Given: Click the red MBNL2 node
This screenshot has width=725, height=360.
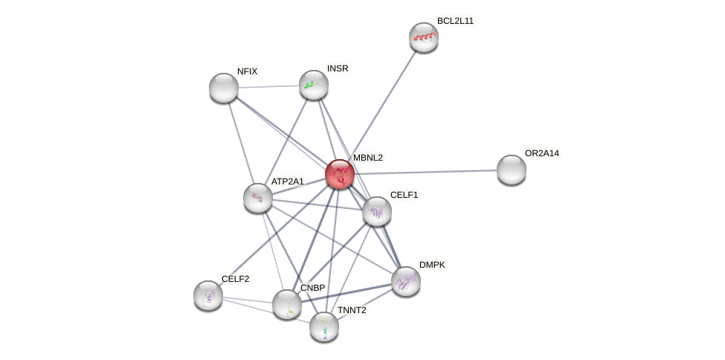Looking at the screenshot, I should click(x=340, y=174).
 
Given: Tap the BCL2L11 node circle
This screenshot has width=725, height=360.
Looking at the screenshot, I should click(x=424, y=37).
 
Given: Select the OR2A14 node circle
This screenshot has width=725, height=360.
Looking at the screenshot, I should click(x=512, y=170).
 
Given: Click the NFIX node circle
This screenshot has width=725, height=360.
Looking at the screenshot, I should click(x=224, y=88).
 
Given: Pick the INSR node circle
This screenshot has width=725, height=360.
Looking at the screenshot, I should click(x=314, y=85).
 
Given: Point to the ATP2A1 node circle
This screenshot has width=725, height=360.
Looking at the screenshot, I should click(x=258, y=198).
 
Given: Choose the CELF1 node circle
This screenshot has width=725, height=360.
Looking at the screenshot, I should click(x=377, y=211).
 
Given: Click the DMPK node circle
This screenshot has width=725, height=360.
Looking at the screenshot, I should click(x=406, y=281).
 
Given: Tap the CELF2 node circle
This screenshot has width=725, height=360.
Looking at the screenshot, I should click(x=208, y=295).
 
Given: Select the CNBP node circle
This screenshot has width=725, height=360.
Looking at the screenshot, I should click(x=287, y=304).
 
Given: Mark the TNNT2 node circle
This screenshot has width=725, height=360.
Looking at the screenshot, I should click(x=324, y=327).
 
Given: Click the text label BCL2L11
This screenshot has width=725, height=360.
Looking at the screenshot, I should click(x=455, y=21).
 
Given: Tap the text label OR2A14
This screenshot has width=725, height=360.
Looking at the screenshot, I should click(x=541, y=153).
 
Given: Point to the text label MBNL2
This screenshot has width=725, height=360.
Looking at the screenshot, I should click(x=367, y=158).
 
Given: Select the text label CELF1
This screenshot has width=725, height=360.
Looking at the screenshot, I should click(x=404, y=195).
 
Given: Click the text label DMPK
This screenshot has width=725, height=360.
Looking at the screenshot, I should click(x=432, y=265).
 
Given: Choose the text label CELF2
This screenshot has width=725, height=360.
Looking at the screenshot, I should click(x=235, y=279).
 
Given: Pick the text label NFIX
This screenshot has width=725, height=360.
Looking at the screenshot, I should click(x=247, y=71).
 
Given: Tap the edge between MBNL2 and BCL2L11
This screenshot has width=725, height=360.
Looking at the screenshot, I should click(x=382, y=105).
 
